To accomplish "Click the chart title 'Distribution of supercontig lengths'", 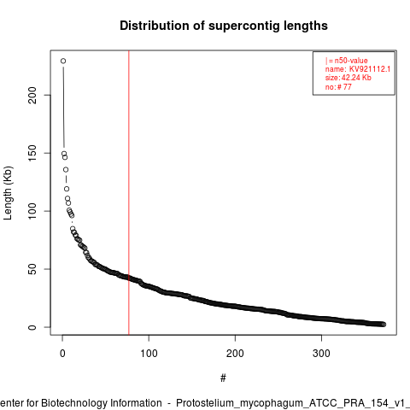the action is (x=224, y=26).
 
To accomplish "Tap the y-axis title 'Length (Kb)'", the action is (x=8, y=193).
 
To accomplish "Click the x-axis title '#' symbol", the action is (x=223, y=378).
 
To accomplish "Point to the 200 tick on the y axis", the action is (x=32, y=95).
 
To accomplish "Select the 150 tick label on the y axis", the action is (x=32, y=153).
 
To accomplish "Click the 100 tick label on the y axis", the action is (x=32, y=211).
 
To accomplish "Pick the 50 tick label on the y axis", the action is (x=32, y=269).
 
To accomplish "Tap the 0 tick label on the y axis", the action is (x=32, y=327).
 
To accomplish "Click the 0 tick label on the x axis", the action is (x=62, y=354).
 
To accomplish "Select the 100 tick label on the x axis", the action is (x=149, y=354).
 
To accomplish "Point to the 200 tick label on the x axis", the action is (x=235, y=354).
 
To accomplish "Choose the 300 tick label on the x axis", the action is (x=321, y=354).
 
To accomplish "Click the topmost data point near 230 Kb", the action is (x=63, y=61).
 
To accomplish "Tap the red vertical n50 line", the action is (x=129, y=192).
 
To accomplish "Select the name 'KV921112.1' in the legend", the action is (x=370, y=69).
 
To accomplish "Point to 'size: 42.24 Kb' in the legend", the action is (x=348, y=78).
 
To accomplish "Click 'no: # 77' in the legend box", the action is (x=338, y=87).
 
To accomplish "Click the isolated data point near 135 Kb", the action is (x=66, y=170).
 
